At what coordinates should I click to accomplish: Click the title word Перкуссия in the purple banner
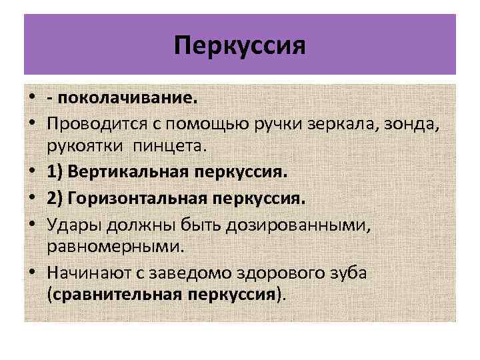(239, 47)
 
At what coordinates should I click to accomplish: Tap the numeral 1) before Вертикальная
(56, 173)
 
